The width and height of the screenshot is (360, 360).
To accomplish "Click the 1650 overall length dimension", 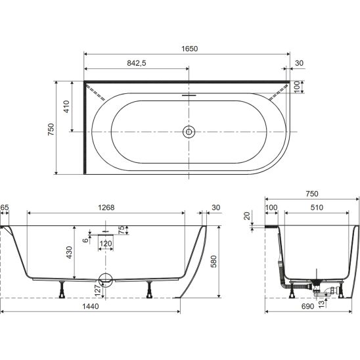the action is [x=189, y=49].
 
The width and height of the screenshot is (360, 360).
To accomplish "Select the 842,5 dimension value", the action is [x=137, y=63].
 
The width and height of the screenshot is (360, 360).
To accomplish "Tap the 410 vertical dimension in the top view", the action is [x=66, y=106].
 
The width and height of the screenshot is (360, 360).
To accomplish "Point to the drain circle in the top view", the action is [x=189, y=132].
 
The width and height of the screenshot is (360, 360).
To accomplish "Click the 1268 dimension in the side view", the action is [x=106, y=208].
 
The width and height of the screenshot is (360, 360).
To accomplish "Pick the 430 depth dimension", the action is [x=69, y=252].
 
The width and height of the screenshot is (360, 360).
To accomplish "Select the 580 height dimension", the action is [x=214, y=262].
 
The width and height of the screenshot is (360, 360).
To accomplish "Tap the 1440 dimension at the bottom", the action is [x=91, y=306].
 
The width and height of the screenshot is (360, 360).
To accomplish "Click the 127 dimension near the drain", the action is [x=98, y=290].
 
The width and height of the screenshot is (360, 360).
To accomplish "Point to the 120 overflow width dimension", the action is [x=106, y=244].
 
